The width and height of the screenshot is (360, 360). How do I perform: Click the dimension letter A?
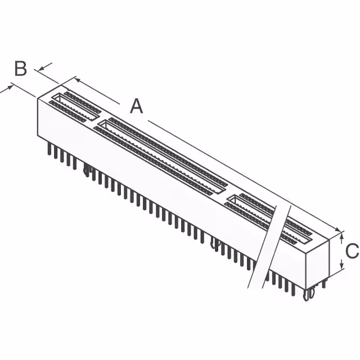click(136, 105)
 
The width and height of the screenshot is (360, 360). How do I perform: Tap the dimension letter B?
click(20, 69)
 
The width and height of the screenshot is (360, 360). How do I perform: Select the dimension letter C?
click(351, 250)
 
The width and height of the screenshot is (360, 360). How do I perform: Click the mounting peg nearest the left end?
click(86, 171)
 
